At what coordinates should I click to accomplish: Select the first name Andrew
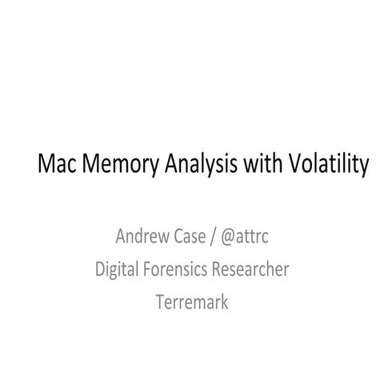(142, 237)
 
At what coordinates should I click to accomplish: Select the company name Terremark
(192, 303)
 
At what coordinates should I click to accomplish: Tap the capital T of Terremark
(160, 303)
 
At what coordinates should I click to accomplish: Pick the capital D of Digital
(100, 270)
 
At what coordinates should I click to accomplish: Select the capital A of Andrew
(121, 237)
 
